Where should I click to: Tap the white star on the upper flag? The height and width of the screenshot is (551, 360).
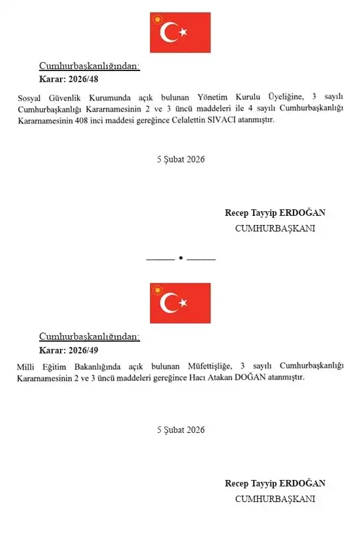(183, 31)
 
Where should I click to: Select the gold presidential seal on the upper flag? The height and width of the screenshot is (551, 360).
(157, 20)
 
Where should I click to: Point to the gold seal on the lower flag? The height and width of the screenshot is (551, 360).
(157, 290)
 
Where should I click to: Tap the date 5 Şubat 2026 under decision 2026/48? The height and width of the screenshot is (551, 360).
(181, 159)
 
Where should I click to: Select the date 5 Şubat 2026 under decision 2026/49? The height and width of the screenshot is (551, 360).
(181, 430)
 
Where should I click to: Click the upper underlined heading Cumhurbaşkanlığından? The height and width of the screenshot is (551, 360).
(89, 66)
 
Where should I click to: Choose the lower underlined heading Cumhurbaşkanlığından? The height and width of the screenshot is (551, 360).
(89, 336)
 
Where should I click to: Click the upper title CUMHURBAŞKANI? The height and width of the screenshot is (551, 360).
(275, 228)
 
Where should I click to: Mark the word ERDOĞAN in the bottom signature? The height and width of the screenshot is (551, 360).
(302, 483)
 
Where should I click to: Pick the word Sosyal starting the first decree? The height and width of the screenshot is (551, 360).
(28, 97)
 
